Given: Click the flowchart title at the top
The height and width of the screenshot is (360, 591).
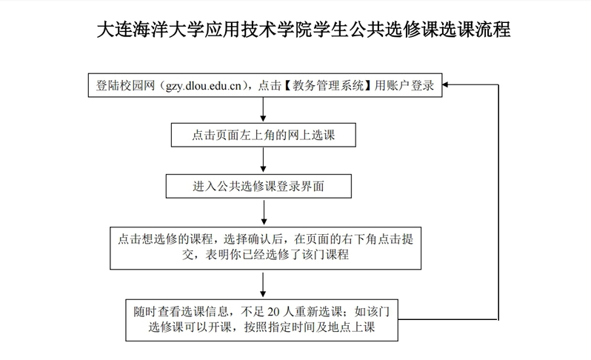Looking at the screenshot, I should click(295, 30).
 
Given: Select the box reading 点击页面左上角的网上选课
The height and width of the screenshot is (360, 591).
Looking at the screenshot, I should click(264, 136).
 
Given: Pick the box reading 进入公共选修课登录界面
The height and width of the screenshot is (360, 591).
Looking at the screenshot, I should click(264, 187).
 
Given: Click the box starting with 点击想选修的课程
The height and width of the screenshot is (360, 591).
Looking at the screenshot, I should click(264, 247).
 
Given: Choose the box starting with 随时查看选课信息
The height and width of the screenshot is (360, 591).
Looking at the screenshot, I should click(264, 321).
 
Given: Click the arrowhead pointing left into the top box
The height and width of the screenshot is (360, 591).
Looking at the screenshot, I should click(448, 85).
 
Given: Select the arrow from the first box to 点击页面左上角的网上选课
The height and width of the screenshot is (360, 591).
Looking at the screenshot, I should click(264, 110).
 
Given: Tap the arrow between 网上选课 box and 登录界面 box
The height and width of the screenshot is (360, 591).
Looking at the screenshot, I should click(264, 161).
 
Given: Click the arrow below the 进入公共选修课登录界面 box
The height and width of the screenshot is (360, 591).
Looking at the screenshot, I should click(264, 211).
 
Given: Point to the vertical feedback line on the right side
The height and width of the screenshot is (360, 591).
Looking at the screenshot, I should click(495, 200).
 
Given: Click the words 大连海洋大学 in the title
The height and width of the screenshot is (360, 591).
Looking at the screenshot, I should click(134, 30).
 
